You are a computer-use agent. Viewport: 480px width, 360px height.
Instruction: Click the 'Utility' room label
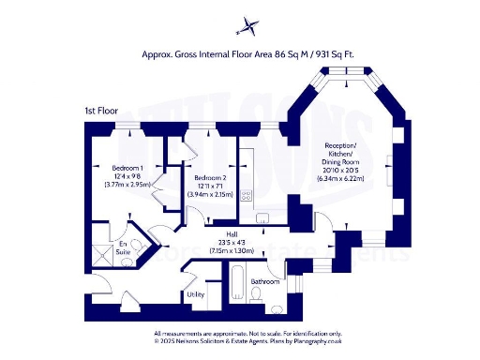196,294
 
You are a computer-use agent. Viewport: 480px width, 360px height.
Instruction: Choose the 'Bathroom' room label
265,280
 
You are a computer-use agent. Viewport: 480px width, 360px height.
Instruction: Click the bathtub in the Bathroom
239,284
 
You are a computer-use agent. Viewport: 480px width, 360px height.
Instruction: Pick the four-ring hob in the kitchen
247,196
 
